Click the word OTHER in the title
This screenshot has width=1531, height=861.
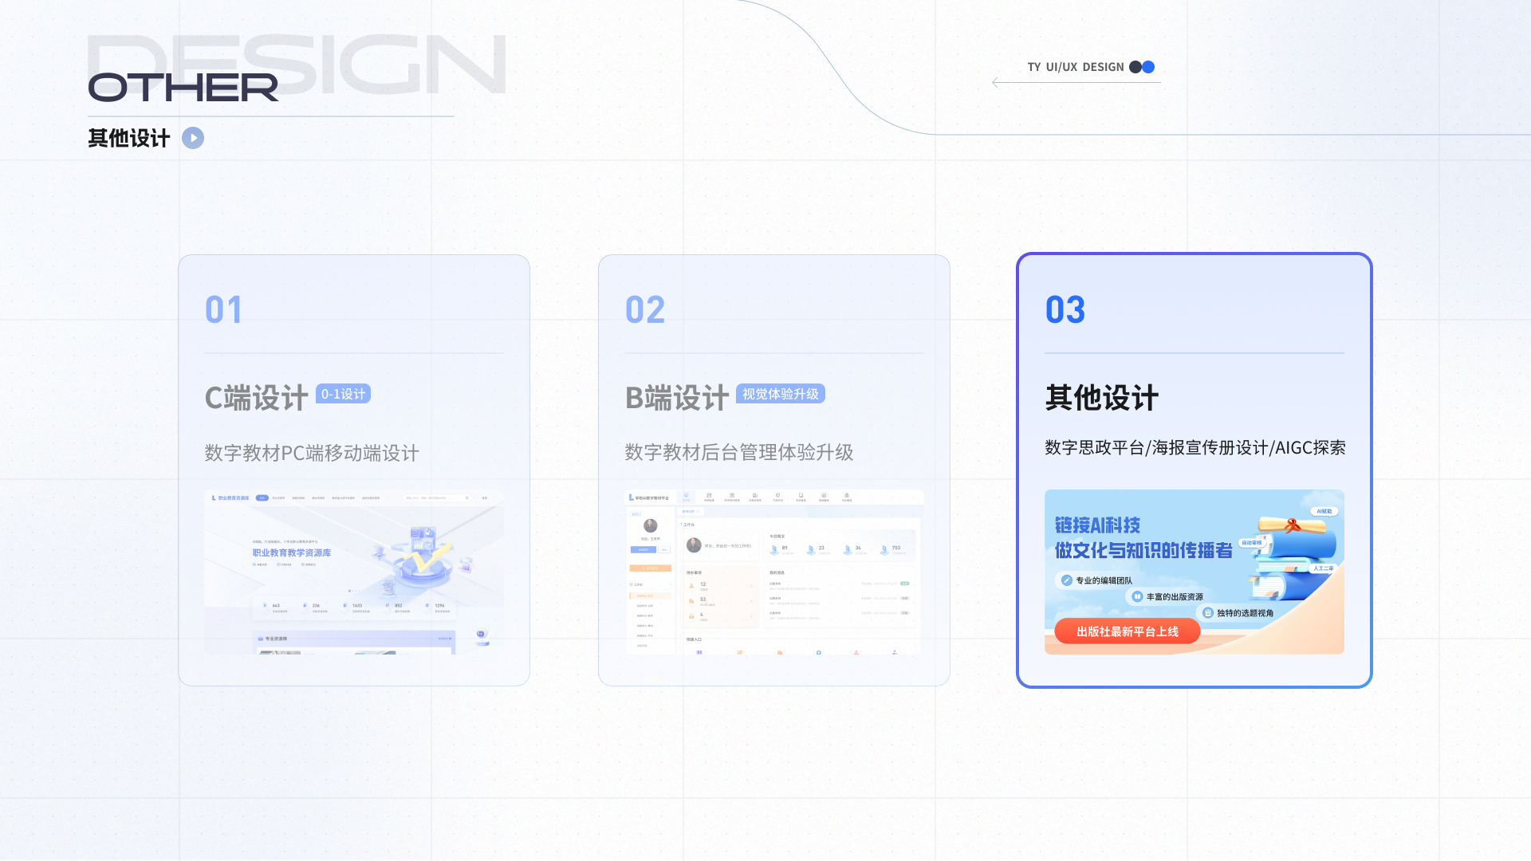pyautogui.click(x=183, y=87)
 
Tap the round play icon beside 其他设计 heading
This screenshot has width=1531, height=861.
pyautogui.click(x=193, y=138)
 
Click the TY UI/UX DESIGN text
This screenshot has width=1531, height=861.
pyautogui.click(x=1075, y=67)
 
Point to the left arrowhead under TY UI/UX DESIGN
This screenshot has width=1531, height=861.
pyautogui.click(x=996, y=82)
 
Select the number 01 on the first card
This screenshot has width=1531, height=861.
pyautogui.click(x=223, y=310)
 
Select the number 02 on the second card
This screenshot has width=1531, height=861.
pyautogui.click(x=644, y=310)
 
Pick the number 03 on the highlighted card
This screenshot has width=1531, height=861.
pyautogui.click(x=1065, y=310)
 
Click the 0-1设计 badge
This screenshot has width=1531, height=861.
pyautogui.click(x=343, y=394)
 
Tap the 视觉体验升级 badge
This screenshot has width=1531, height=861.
pyautogui.click(x=780, y=394)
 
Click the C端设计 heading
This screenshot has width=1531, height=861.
pyautogui.click(x=256, y=398)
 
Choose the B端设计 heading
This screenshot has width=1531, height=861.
pyautogui.click(x=676, y=398)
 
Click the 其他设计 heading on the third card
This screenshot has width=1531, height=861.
pyautogui.click(x=1101, y=398)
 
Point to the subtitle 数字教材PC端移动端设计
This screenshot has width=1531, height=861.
pyautogui.click(x=311, y=453)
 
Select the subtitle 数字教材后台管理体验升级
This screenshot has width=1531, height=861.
pyautogui.click(x=738, y=452)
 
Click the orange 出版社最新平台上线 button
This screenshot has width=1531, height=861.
pyautogui.click(x=1127, y=631)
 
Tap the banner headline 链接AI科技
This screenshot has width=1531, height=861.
pyautogui.click(x=1097, y=525)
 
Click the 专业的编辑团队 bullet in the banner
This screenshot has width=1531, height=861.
pyautogui.click(x=1103, y=580)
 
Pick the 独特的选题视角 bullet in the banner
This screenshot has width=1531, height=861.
pyautogui.click(x=1244, y=613)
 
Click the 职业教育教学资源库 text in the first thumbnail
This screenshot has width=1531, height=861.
pyautogui.click(x=291, y=552)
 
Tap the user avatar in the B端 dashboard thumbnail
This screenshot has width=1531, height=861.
pyautogui.click(x=651, y=525)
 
